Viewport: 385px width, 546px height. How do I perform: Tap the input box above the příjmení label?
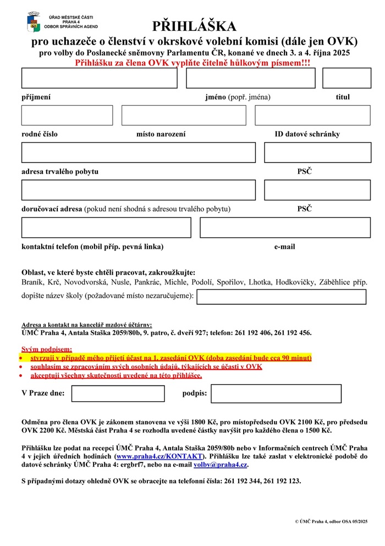pos(100,78)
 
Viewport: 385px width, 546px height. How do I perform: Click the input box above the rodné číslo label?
pos(67,115)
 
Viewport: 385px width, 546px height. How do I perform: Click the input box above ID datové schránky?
pos(312,115)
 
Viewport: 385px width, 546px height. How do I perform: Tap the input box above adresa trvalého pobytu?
pos(139,152)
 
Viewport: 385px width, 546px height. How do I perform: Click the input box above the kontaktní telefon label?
pos(106,227)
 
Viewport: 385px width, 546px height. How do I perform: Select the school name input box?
pos(281,297)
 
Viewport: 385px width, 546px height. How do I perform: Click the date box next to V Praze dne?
pos(118,394)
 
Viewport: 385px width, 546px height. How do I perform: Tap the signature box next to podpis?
pos(276,394)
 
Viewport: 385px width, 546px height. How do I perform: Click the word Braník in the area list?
pos(32,282)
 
